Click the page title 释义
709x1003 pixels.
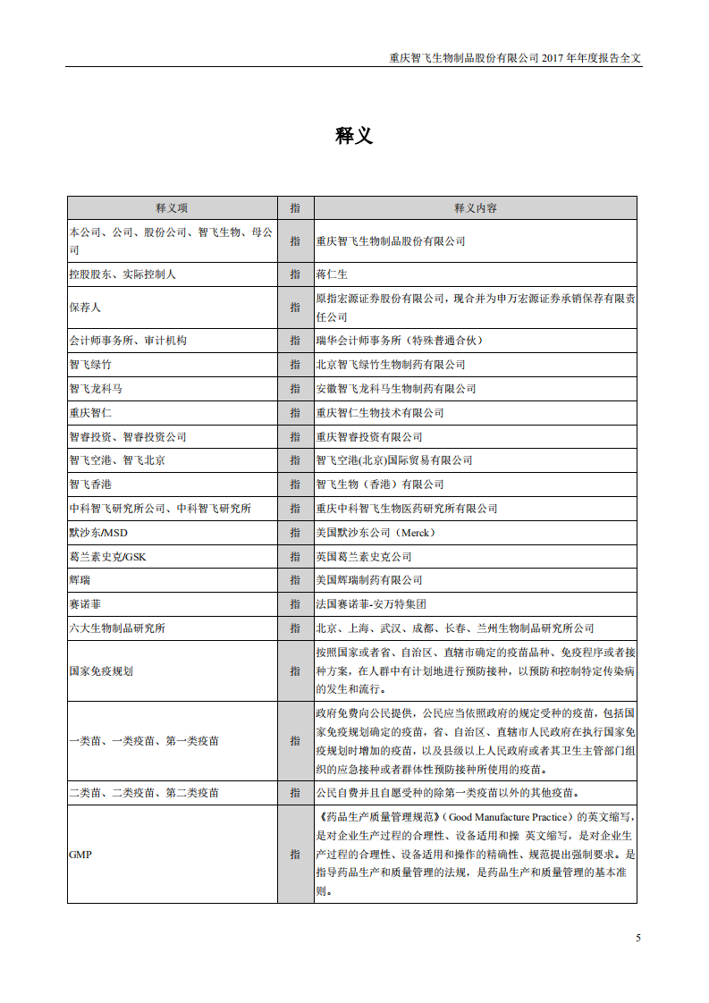354,136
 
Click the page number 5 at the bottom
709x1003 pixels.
638,938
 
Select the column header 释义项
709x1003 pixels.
172,207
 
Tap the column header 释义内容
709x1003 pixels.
475,207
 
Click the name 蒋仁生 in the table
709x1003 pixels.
332,274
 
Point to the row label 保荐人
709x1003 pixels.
85,307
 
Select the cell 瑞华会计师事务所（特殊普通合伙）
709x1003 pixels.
402,341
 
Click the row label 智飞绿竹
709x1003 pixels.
90,365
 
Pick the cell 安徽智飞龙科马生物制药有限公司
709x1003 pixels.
396,389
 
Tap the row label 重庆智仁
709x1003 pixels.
90,413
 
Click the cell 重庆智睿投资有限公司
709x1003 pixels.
369,437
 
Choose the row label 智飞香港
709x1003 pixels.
90,485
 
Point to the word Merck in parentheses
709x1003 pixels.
415,533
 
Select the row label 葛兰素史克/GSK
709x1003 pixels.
106,557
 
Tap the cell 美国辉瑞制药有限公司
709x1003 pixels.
369,580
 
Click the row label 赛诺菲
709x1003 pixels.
85,604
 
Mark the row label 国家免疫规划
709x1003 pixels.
101,670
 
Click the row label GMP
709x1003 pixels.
80,854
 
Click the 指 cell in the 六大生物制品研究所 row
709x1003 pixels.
295,628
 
